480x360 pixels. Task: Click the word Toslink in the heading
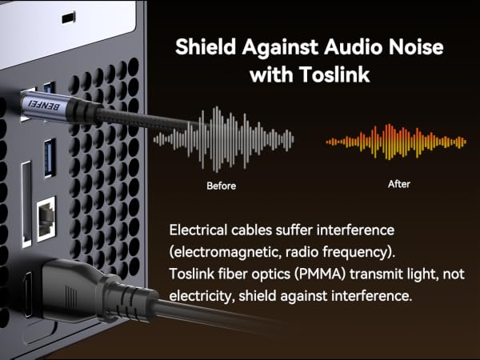pyautogui.click(x=334, y=74)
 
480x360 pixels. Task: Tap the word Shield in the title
pyautogui.click(x=206, y=47)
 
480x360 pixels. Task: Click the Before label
pyautogui.click(x=221, y=186)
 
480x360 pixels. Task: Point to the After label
pyautogui.click(x=399, y=184)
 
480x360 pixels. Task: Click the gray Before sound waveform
pyautogui.click(x=223, y=139)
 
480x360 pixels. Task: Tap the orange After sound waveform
pyautogui.click(x=396, y=142)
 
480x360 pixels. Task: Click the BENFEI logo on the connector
pyautogui.click(x=44, y=105)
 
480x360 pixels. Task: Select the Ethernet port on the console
pyautogui.click(x=46, y=218)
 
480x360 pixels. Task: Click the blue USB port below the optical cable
pyautogui.click(x=50, y=158)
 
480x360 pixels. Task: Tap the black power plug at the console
pyautogui.click(x=98, y=291)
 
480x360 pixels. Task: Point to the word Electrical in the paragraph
pyautogui.click(x=198, y=230)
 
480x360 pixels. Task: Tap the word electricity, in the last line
pyautogui.click(x=202, y=296)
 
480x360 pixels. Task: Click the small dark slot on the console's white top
pyautogui.click(x=68, y=18)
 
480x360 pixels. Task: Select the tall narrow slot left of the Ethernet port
pyautogui.click(x=26, y=204)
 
